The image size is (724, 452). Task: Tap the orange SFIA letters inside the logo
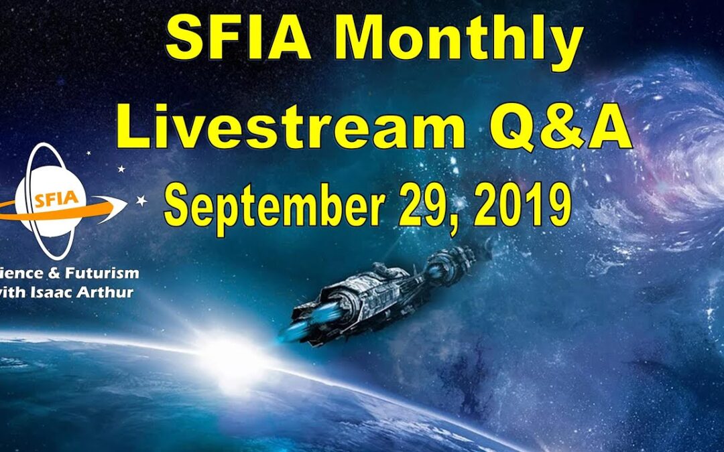pos(56,199)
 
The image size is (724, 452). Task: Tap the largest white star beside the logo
pos(142,200)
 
